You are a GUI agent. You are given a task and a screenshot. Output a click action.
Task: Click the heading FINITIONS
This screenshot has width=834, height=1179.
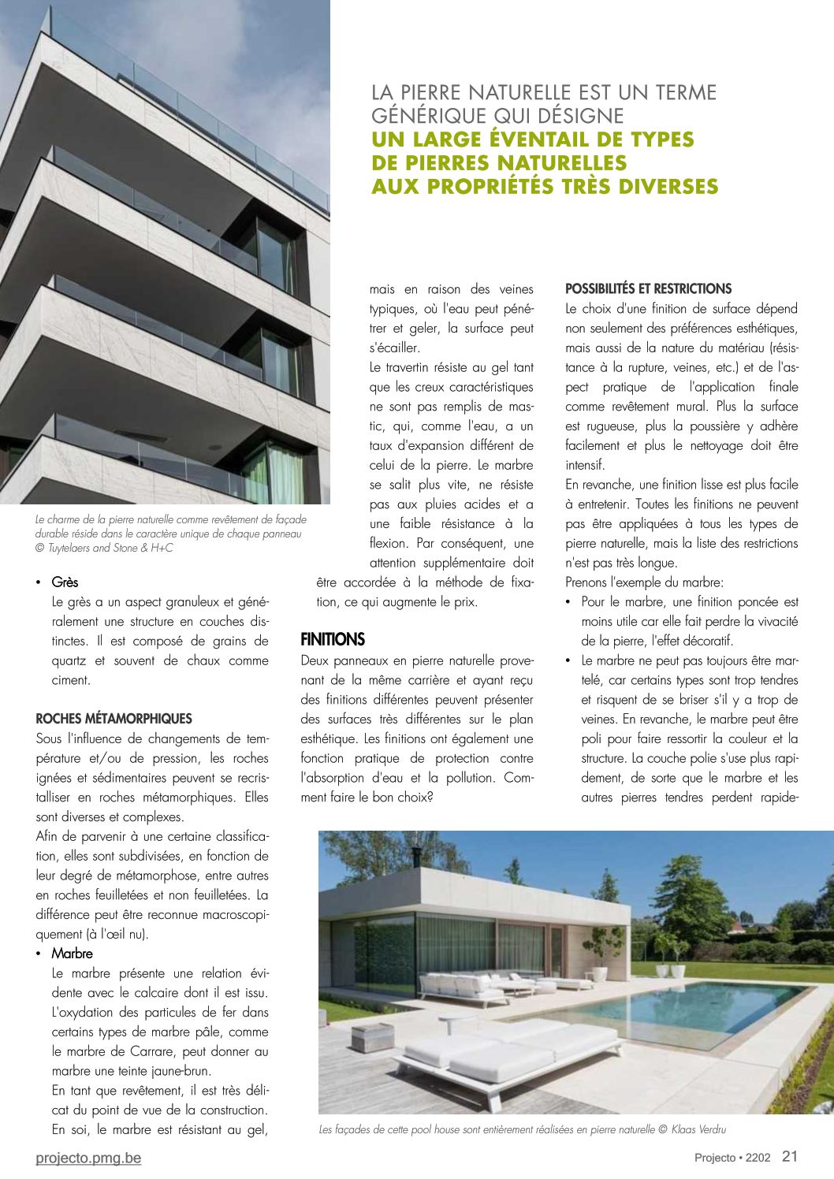[x=333, y=639]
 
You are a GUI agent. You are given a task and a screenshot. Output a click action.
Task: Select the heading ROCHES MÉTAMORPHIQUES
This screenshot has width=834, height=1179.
[x=114, y=719]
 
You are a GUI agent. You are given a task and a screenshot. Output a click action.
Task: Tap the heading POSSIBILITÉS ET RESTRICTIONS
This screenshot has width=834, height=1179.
[x=648, y=289]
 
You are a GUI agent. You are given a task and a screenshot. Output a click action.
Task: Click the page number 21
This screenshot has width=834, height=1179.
[x=790, y=1156]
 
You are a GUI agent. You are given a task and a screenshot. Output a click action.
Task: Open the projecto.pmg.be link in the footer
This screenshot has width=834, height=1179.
[x=88, y=1158]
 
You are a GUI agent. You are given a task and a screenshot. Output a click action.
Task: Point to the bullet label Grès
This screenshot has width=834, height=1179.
[x=65, y=582]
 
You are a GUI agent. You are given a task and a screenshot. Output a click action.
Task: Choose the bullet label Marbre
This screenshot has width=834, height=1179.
[x=72, y=954]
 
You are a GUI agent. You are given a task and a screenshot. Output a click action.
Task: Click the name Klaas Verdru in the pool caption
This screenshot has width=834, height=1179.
[x=700, y=1129]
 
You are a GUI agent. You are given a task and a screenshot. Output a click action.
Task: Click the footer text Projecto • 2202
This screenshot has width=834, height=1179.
[x=732, y=1158]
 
